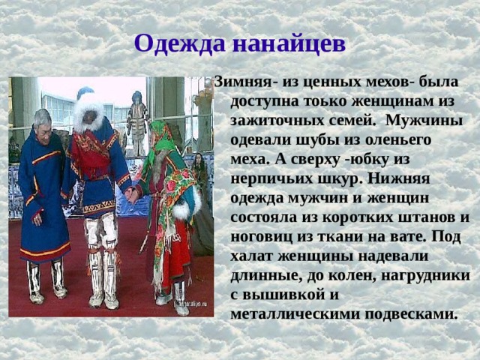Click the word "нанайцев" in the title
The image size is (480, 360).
coord(289,43)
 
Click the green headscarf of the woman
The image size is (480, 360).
coord(160,135)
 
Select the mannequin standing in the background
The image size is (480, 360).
coord(137,120)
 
